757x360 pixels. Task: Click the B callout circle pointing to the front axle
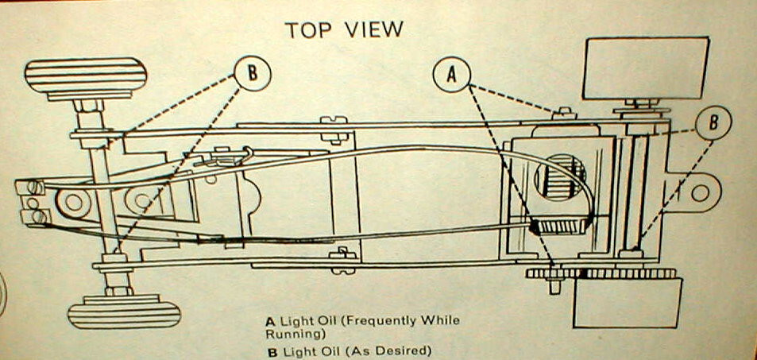click(252, 73)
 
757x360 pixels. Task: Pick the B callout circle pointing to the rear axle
click(713, 122)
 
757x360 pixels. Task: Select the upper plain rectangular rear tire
click(644, 68)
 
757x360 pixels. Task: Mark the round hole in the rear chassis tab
click(700, 193)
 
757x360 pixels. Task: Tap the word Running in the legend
click(290, 335)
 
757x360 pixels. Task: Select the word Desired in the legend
click(403, 350)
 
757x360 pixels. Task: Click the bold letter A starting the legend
click(270, 321)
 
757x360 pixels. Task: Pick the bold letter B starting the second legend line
click(270, 350)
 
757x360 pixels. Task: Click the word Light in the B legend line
click(295, 350)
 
